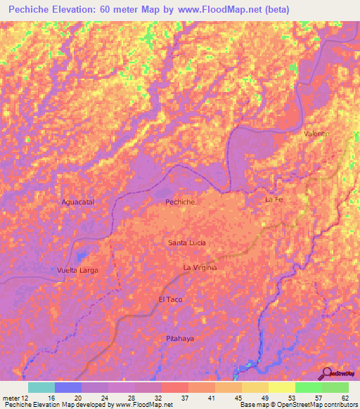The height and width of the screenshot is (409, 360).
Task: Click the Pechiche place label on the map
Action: coord(179,202)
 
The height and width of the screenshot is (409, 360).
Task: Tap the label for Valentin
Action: coord(316,133)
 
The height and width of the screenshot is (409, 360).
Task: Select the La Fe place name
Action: coord(273,200)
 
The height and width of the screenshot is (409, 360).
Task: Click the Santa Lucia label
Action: coord(186,242)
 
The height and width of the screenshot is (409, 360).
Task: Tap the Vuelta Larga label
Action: coord(77,270)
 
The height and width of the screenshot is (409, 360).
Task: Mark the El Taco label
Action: coord(170,299)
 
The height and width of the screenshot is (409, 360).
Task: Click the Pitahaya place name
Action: coord(180,339)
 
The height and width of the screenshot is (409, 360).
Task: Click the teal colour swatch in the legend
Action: coord(41,387)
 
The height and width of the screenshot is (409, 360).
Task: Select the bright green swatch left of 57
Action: coord(309,387)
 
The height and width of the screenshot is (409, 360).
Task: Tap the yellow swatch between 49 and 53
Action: coord(282,387)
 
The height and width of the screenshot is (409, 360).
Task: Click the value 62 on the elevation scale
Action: coord(344,398)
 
